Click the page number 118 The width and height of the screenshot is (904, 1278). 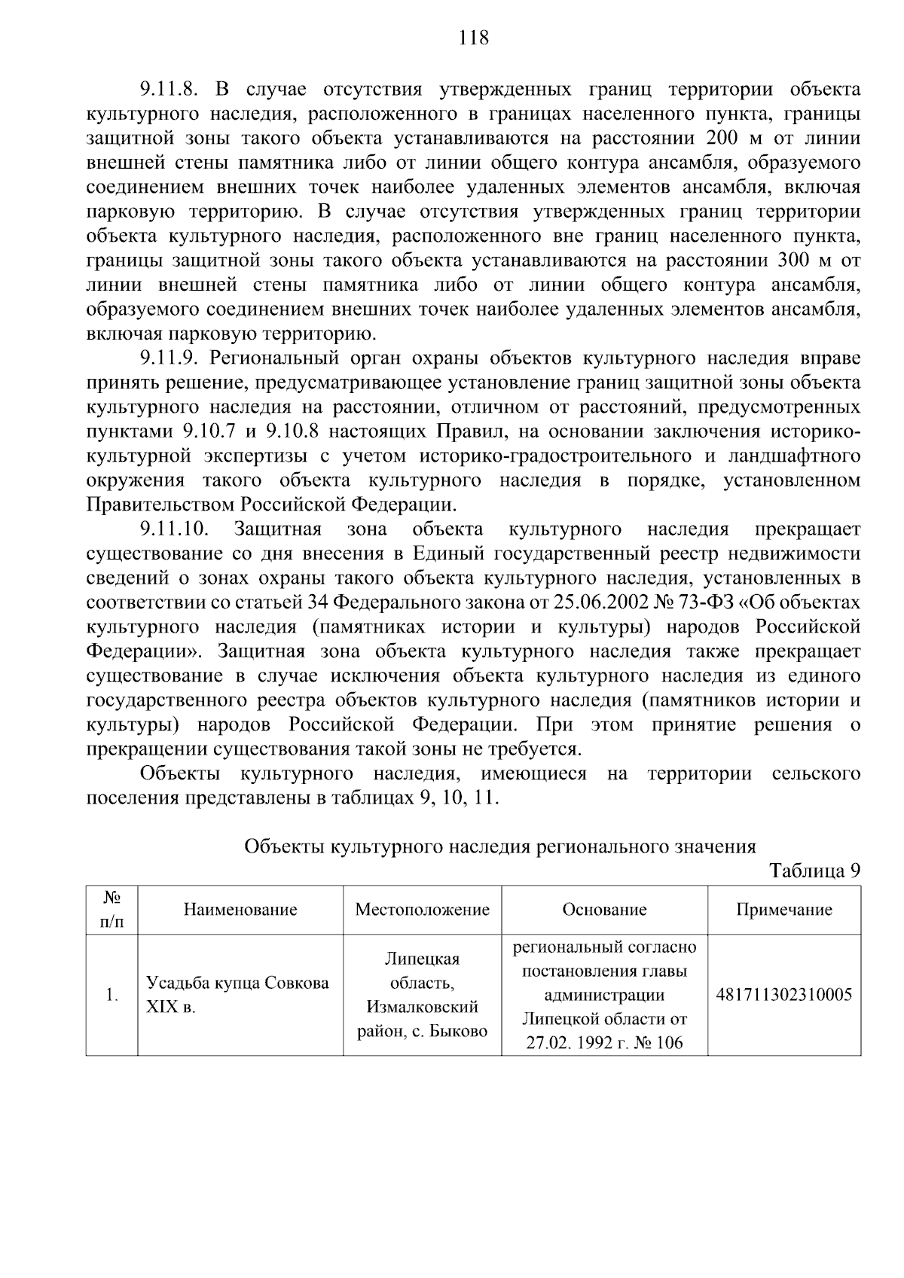point(474,37)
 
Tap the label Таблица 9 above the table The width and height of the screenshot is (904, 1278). point(814,871)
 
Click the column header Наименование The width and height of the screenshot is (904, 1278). point(240,910)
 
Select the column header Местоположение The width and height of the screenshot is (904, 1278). point(422,910)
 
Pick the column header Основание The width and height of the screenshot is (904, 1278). point(604,910)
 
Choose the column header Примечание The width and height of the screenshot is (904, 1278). point(784,910)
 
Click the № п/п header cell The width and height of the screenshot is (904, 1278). point(112,910)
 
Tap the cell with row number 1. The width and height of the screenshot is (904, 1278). point(112,995)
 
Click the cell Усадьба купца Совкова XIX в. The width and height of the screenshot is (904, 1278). point(237,994)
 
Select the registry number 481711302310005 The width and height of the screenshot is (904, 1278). point(784,995)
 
